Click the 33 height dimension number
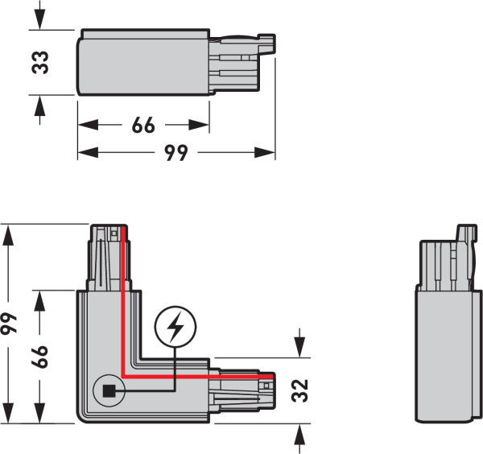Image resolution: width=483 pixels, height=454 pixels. click(40, 63)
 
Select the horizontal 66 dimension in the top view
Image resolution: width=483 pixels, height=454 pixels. click(143, 125)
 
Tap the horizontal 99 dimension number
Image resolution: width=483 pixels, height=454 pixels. click(175, 152)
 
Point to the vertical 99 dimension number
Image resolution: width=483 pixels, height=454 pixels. click(8, 323)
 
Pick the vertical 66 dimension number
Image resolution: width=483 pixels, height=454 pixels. click(39, 357)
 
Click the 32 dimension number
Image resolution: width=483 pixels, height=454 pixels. click(299, 390)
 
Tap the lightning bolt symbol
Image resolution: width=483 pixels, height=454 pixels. click(175, 326)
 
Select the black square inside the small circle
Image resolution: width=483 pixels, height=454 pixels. click(109, 391)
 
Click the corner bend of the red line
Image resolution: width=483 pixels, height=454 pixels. click(123, 376)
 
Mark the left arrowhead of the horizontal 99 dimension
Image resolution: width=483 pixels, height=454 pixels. click(88, 152)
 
